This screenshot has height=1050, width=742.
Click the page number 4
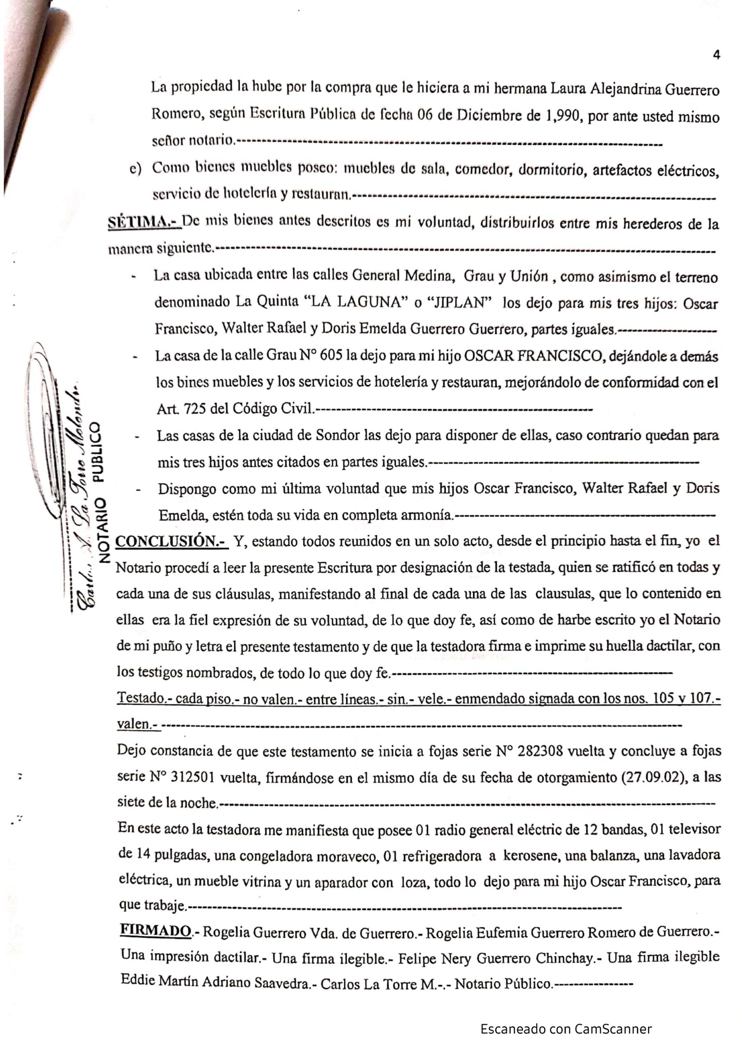point(717,55)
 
